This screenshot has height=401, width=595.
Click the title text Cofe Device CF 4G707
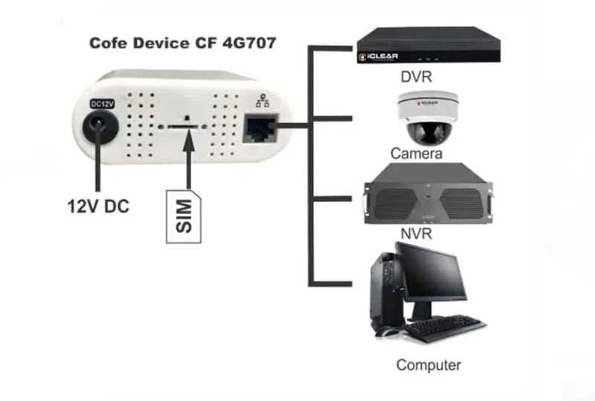click(x=182, y=43)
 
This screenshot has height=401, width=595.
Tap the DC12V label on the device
click(x=102, y=104)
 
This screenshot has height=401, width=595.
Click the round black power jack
click(x=100, y=127)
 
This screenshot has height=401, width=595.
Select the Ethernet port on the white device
click(x=260, y=128)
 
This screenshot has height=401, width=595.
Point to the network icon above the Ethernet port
click(x=263, y=100)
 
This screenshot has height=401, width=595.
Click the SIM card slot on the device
click(x=182, y=126)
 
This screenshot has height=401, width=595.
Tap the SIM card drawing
click(x=184, y=216)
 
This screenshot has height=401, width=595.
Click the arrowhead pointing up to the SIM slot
click(x=189, y=140)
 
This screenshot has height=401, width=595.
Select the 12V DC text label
click(x=98, y=206)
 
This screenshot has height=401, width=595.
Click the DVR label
click(x=416, y=77)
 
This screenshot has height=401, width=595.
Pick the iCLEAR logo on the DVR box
click(x=379, y=57)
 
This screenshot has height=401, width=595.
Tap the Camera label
click(x=416, y=154)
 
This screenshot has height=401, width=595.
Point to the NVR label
click(x=416, y=233)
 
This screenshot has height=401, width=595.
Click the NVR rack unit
click(x=428, y=193)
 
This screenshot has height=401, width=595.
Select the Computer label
click(x=429, y=365)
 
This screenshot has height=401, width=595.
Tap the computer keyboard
click(x=446, y=327)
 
